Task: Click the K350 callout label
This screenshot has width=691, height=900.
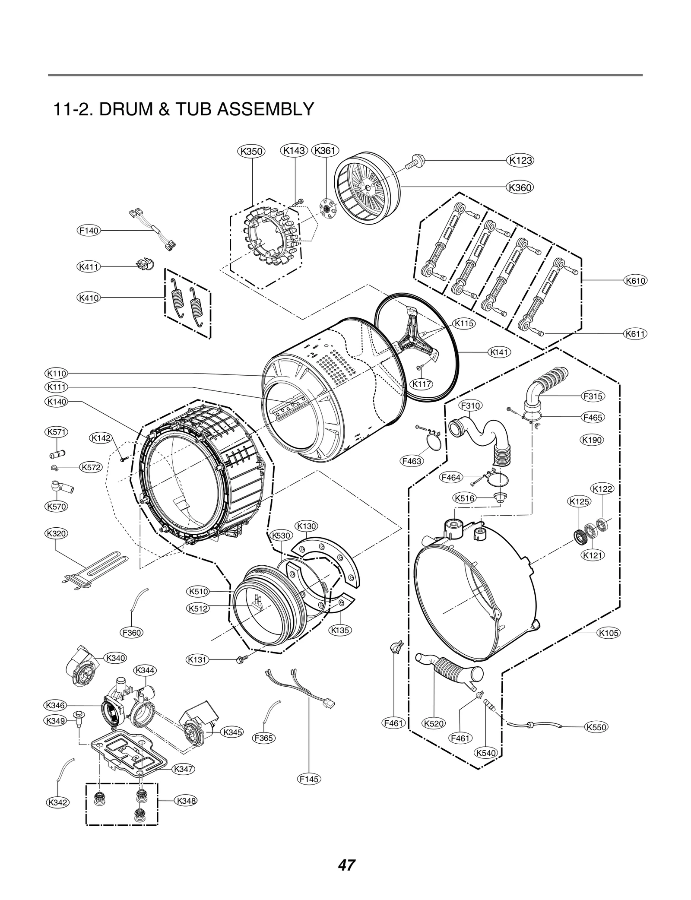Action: (x=252, y=151)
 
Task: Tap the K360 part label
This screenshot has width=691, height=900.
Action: (x=520, y=187)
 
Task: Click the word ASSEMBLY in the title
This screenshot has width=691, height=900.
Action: (x=265, y=109)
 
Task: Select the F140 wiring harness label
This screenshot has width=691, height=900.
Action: (x=89, y=231)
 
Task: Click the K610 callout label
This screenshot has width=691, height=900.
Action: (x=635, y=281)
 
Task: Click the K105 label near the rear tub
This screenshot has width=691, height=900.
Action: (x=609, y=633)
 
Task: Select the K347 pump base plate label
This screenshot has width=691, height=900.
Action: (x=183, y=769)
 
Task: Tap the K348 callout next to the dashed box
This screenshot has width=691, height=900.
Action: (x=186, y=801)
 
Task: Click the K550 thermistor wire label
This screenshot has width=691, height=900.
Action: (x=596, y=727)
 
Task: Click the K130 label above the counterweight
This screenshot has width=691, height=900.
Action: (x=306, y=526)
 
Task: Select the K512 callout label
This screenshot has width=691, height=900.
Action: (x=198, y=608)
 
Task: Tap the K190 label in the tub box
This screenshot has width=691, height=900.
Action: (x=592, y=440)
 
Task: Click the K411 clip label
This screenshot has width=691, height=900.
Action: (x=89, y=267)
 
